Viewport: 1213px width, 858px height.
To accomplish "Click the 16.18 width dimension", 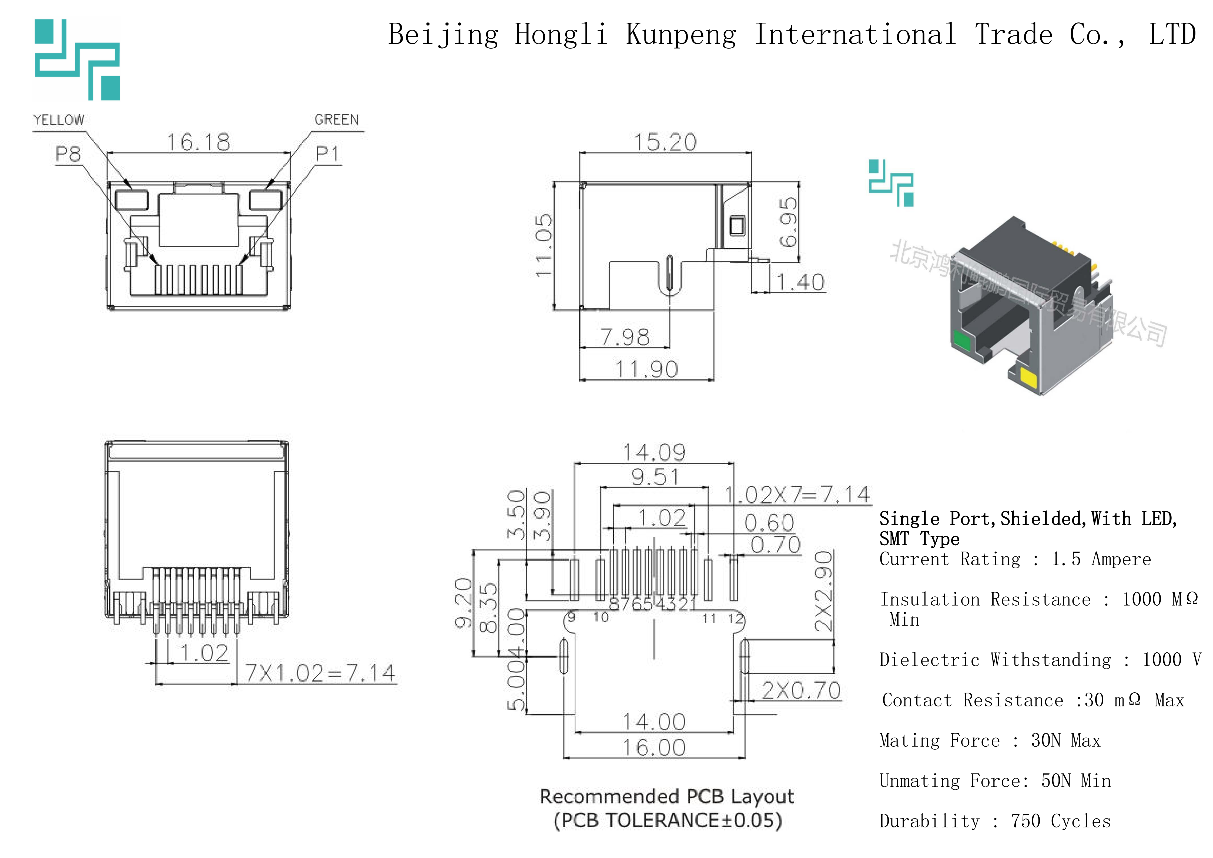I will pos(199,142).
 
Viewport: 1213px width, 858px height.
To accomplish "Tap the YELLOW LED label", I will pos(59,120).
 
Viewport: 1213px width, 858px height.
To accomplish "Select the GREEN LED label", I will pos(337,120).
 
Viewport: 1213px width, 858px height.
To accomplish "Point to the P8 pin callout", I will pos(68,154).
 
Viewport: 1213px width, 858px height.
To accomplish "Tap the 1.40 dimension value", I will pos(800,282).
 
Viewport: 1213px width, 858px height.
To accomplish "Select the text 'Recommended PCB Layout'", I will pos(667,796).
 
